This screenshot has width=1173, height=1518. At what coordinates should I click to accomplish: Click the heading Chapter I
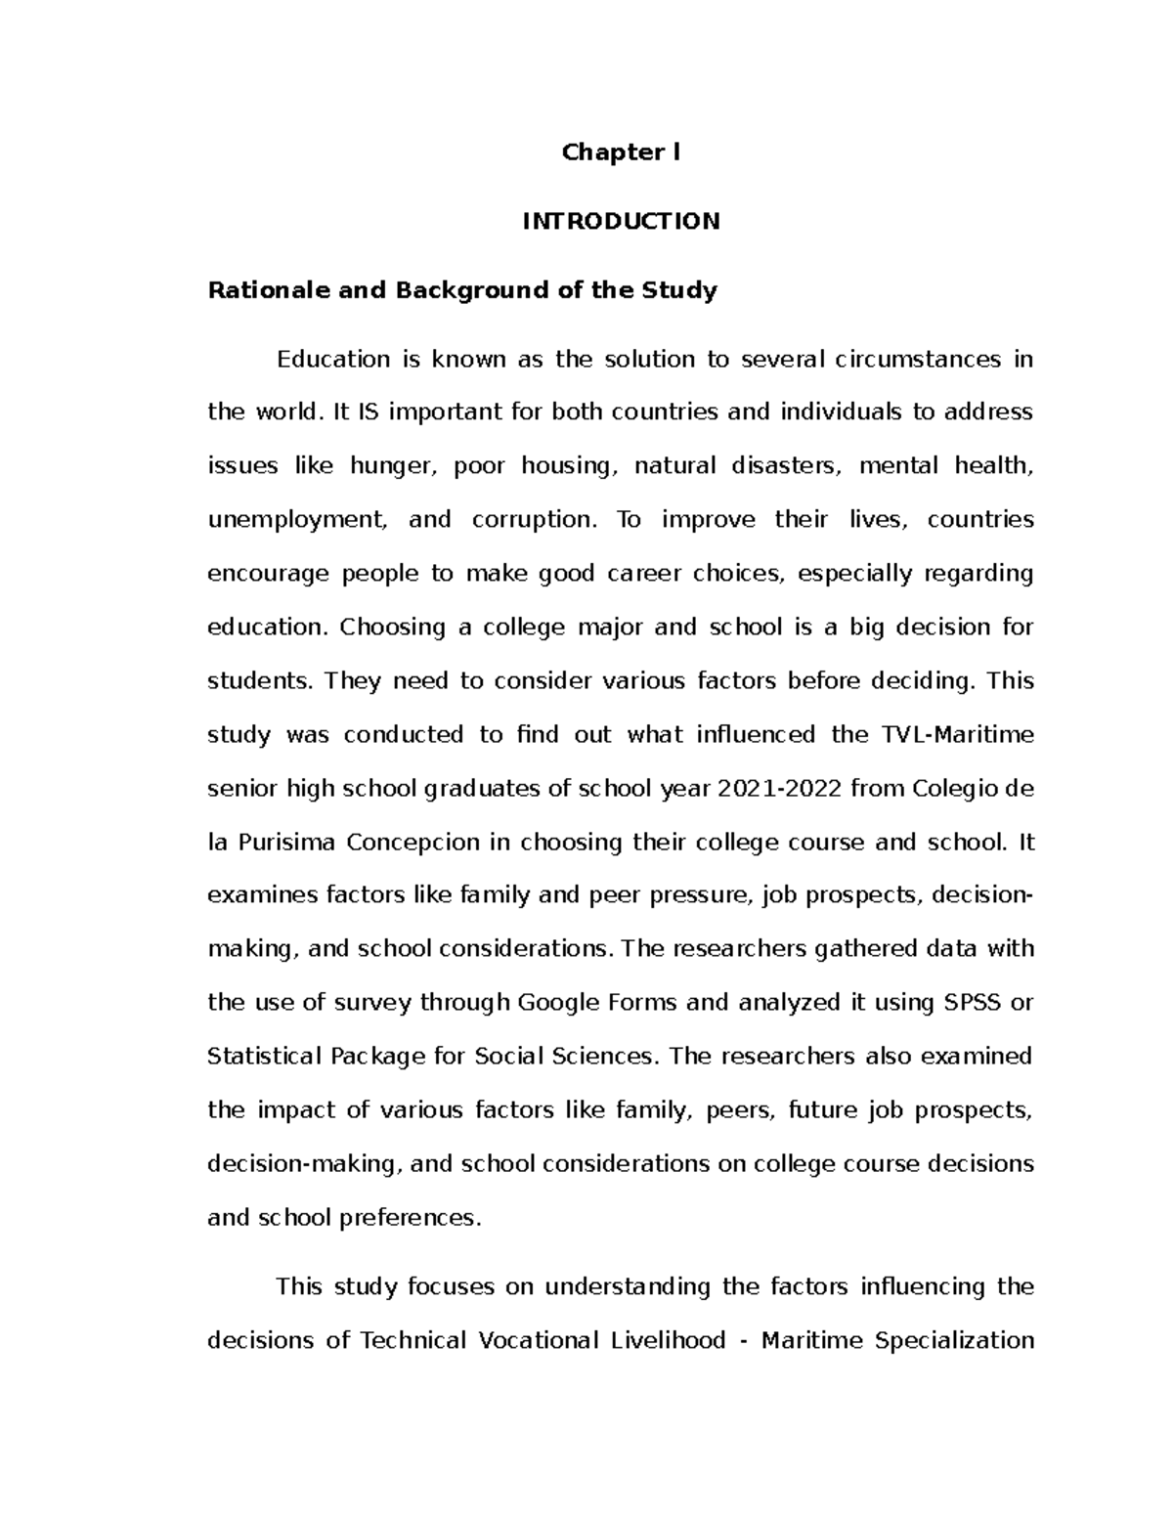point(621,152)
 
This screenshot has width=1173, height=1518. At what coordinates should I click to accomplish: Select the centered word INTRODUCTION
point(621,221)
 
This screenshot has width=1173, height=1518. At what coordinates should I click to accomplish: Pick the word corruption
point(533,519)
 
